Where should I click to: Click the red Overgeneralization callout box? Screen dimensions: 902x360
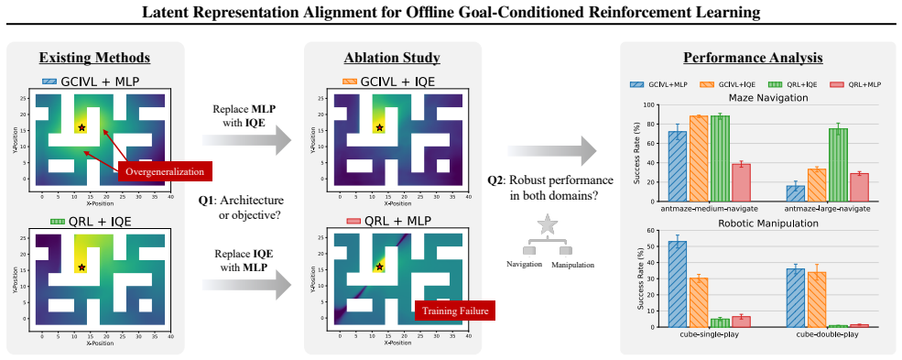pyautogui.click(x=165, y=171)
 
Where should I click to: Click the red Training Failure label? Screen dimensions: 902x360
pyautogui.click(x=454, y=311)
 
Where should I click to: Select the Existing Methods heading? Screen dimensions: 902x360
pyautogui.click(x=95, y=58)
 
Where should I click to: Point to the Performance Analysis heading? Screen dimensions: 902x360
pyautogui.click(x=753, y=58)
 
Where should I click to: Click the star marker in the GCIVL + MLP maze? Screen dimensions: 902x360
pyautogui.click(x=82, y=127)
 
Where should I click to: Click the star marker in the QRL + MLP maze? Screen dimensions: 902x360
pyautogui.click(x=379, y=267)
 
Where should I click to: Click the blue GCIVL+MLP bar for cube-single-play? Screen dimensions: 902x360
pyautogui.click(x=678, y=284)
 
